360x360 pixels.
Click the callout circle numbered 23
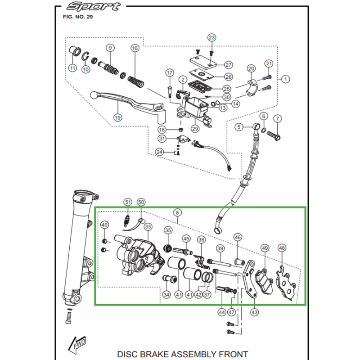[212, 37]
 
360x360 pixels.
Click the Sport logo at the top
[93, 7]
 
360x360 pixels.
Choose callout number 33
[148, 228]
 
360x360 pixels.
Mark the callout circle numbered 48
[282, 248]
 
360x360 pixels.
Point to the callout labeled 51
[128, 202]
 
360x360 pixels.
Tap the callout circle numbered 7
[277, 119]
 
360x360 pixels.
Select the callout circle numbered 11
[72, 68]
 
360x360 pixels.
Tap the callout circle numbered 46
[238, 237]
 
